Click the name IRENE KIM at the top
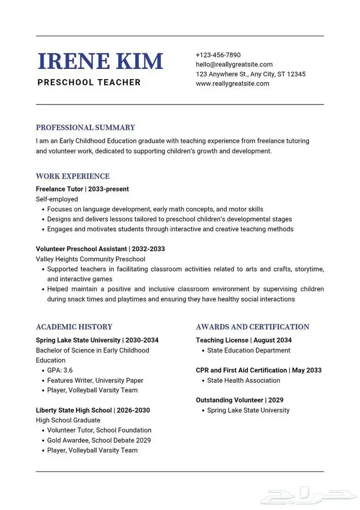click(x=100, y=61)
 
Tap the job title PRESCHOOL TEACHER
click(x=89, y=82)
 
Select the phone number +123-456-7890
click(x=218, y=55)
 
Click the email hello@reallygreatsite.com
click(x=234, y=64)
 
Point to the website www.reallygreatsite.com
click(x=232, y=83)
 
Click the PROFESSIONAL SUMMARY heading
click(x=85, y=128)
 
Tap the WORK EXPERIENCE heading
click(x=73, y=176)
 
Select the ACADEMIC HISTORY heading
click(x=74, y=327)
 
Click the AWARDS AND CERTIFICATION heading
click(x=253, y=327)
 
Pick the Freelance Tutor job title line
click(x=82, y=189)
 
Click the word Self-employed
click(x=57, y=199)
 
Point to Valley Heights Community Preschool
click(x=91, y=259)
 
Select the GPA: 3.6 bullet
click(x=60, y=371)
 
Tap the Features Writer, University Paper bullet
click(x=95, y=380)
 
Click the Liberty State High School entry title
click(x=93, y=410)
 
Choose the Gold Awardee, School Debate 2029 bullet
click(x=99, y=440)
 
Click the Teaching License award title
click(x=244, y=340)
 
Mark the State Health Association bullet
click(x=244, y=380)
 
